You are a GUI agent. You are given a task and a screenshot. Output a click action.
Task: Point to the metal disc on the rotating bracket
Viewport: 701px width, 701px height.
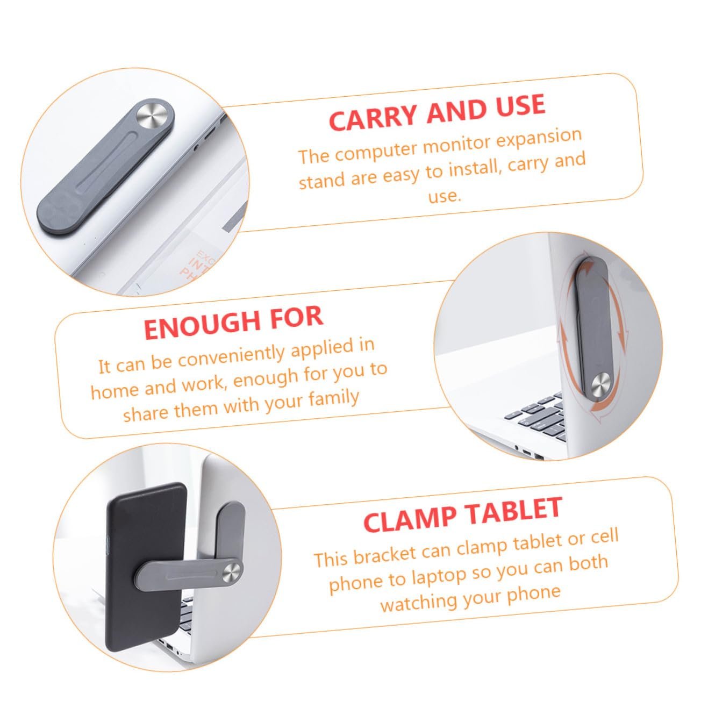(x=601, y=388)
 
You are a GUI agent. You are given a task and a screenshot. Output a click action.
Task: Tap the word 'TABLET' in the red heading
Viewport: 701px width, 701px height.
(x=514, y=510)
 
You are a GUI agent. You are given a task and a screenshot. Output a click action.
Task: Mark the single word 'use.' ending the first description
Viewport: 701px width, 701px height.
(x=445, y=196)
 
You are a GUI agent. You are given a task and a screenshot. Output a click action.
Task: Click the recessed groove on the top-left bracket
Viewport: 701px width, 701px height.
(x=105, y=161)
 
